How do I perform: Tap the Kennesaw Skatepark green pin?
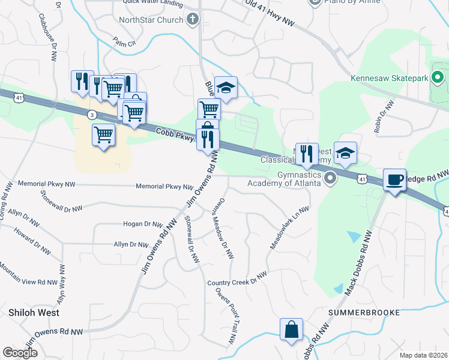[x=439, y=77]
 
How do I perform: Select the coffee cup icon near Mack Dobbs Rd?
[x=394, y=179]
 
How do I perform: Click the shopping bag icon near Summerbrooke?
[x=291, y=330]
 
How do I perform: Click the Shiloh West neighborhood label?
[x=34, y=313]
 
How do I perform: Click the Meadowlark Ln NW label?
[x=290, y=229]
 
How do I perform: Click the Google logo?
[x=20, y=353]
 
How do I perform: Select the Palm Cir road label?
[x=124, y=43]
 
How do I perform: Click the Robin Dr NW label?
[x=385, y=116]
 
